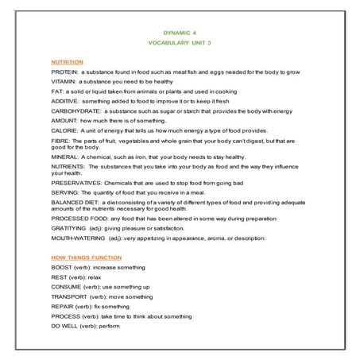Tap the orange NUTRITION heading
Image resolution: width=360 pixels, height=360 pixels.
coord(67,61)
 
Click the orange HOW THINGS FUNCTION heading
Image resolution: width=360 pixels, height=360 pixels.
coord(86,257)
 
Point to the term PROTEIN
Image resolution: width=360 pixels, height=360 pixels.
coord(64,72)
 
